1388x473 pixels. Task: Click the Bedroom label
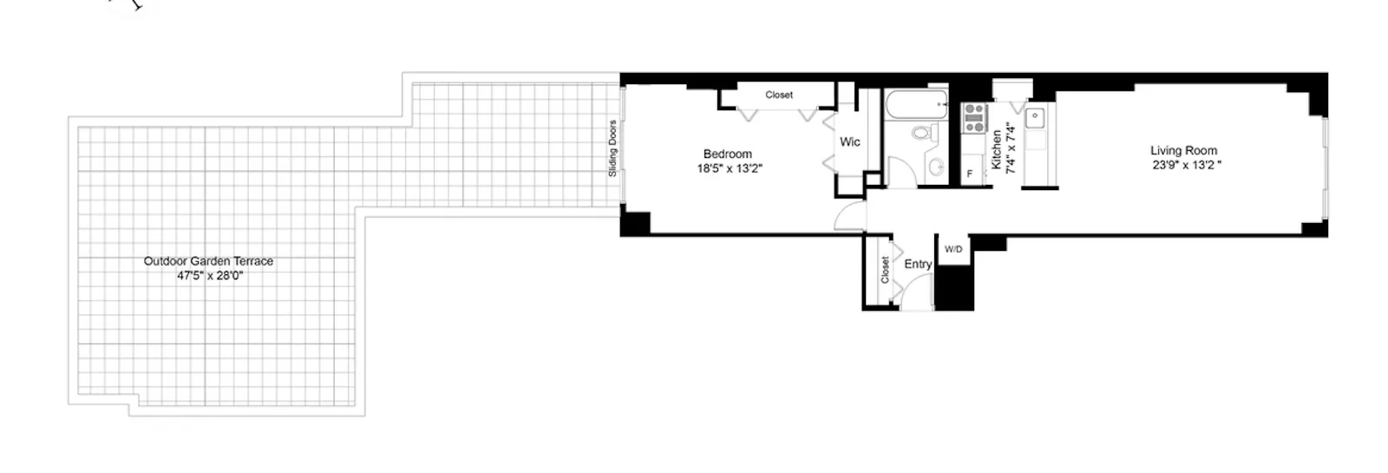(727, 154)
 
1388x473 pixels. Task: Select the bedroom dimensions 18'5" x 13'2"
(729, 169)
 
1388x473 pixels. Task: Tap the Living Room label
(1183, 150)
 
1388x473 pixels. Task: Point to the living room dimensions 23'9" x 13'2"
(1186, 165)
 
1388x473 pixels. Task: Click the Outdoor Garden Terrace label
(208, 260)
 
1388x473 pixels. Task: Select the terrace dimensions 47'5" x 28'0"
(208, 275)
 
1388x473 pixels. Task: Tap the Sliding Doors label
(612, 148)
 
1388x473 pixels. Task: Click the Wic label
(849, 141)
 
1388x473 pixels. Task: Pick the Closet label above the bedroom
(778, 95)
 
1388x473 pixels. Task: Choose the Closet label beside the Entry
(885, 269)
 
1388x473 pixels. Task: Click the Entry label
(918, 264)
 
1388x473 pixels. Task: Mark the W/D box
(953, 249)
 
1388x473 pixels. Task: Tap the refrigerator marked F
(970, 174)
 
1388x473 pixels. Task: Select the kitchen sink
(1036, 116)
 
